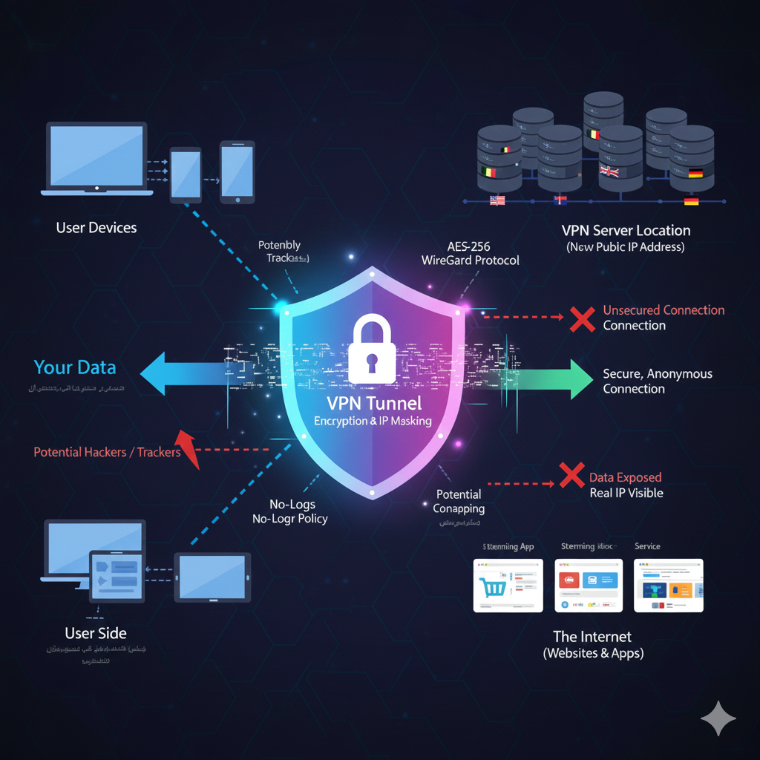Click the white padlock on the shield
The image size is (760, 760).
click(372, 348)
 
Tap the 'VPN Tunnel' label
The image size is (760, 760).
click(373, 403)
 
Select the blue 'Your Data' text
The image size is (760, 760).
click(75, 367)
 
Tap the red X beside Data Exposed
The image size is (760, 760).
click(571, 475)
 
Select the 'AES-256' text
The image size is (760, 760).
click(470, 246)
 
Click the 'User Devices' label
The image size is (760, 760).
click(96, 227)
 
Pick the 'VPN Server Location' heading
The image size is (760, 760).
click(626, 230)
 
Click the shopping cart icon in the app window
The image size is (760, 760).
click(493, 586)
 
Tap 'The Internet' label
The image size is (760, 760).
click(592, 637)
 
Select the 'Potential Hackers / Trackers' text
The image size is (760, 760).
click(107, 451)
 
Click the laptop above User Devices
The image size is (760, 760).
click(96, 158)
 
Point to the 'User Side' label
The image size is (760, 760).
click(96, 633)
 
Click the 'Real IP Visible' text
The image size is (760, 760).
click(626, 492)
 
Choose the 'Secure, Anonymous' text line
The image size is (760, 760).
click(657, 373)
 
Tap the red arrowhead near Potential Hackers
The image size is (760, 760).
click(189, 449)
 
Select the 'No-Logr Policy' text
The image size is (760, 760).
click(289, 519)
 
